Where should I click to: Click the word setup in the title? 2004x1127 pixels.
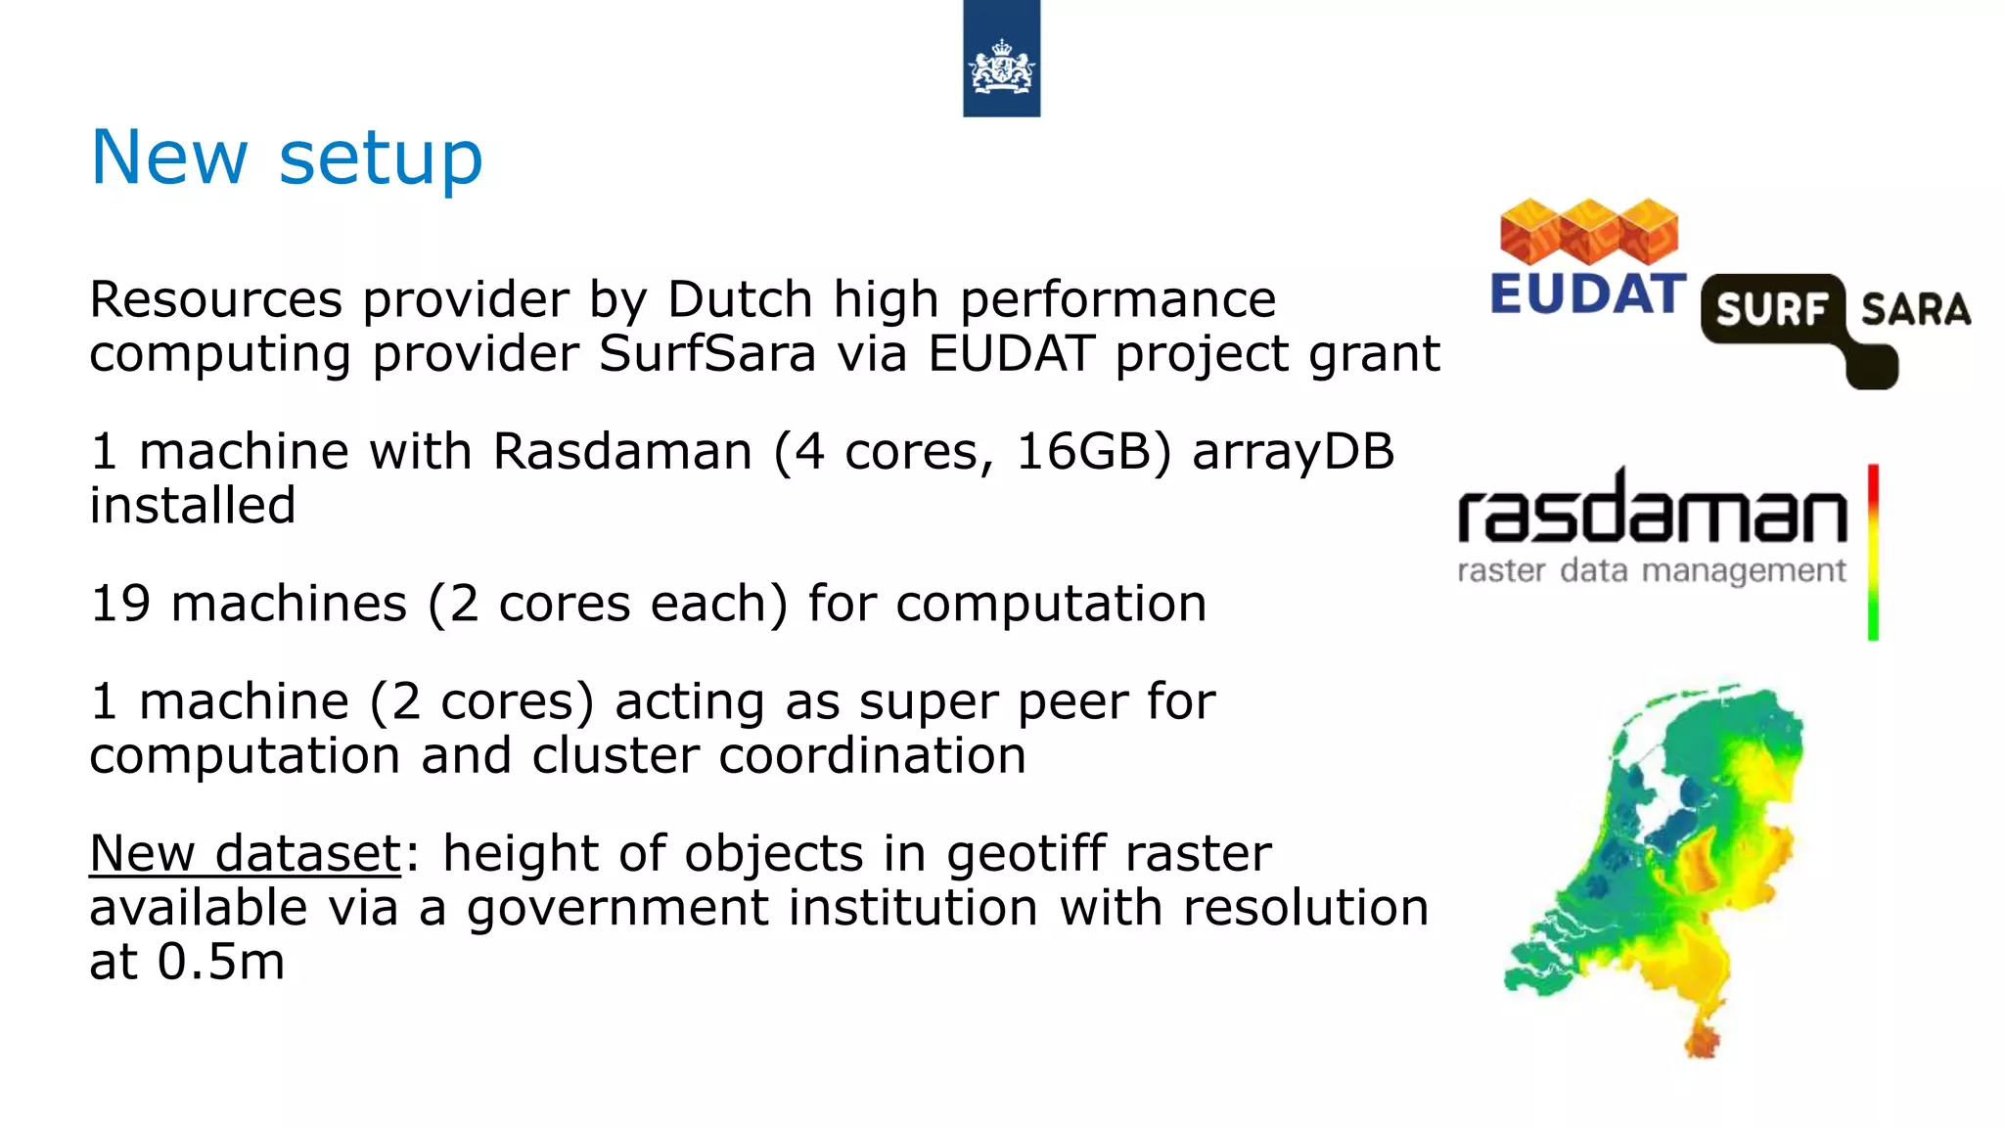(x=381, y=158)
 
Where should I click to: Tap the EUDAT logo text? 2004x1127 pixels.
(x=1587, y=294)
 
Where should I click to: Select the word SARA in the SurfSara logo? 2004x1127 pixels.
(x=1915, y=310)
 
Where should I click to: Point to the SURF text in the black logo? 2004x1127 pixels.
(x=1771, y=310)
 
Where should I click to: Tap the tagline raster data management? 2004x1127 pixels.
(x=1652, y=570)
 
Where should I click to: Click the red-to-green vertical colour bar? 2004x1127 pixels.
(x=1873, y=553)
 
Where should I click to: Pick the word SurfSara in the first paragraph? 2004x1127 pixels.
(x=706, y=353)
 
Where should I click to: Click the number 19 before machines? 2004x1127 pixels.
(x=119, y=604)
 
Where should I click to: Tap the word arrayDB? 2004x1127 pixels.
(x=1293, y=452)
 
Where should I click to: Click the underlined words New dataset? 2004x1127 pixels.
(x=245, y=853)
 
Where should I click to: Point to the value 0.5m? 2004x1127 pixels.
(x=221, y=962)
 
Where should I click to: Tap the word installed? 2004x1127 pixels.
(x=192, y=506)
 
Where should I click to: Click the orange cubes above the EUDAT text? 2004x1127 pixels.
(x=1589, y=232)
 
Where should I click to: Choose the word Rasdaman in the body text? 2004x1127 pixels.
(x=622, y=452)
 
